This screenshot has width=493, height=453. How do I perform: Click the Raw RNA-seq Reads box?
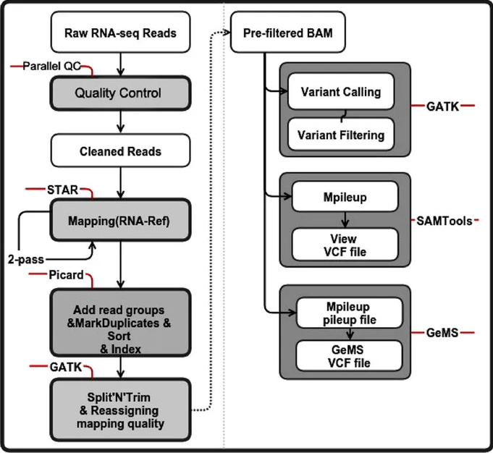tap(119, 33)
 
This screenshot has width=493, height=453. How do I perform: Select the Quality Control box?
tap(119, 93)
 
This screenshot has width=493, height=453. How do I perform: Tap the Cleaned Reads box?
tap(119, 152)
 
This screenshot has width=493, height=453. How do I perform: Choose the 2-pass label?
tap(23, 258)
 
